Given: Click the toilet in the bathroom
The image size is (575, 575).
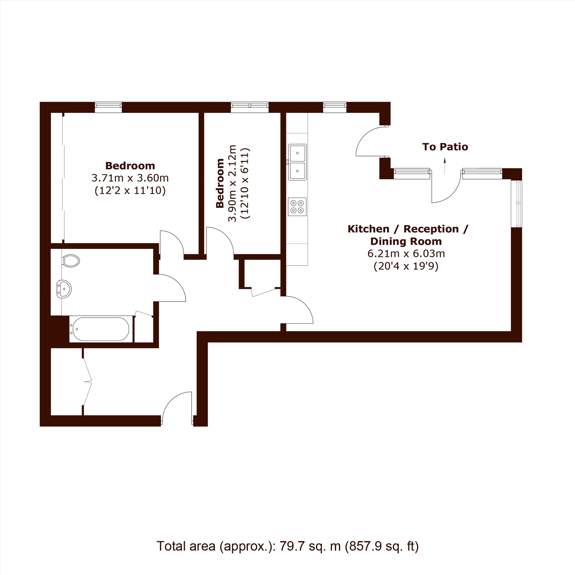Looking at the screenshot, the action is (x=71, y=261).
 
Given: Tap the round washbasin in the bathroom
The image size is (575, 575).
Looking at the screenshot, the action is (x=64, y=288).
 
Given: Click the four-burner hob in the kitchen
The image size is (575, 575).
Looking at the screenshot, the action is (x=297, y=206).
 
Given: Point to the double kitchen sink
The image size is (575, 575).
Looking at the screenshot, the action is (x=297, y=162).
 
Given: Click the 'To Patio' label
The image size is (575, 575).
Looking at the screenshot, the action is (x=445, y=147).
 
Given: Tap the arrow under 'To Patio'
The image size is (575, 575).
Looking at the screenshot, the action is (x=445, y=166).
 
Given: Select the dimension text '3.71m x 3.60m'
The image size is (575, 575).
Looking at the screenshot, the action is (x=130, y=178).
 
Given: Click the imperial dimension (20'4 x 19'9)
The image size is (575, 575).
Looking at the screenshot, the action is (x=406, y=266).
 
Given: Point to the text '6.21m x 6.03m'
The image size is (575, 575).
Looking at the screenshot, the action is (x=406, y=254).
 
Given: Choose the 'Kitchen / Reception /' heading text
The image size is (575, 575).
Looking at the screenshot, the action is (x=408, y=229).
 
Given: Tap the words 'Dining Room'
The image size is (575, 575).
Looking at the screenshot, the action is (x=406, y=241).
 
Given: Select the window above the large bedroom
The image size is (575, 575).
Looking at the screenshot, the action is (x=108, y=107).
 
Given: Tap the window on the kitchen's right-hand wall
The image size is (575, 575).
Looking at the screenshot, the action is (x=516, y=204).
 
